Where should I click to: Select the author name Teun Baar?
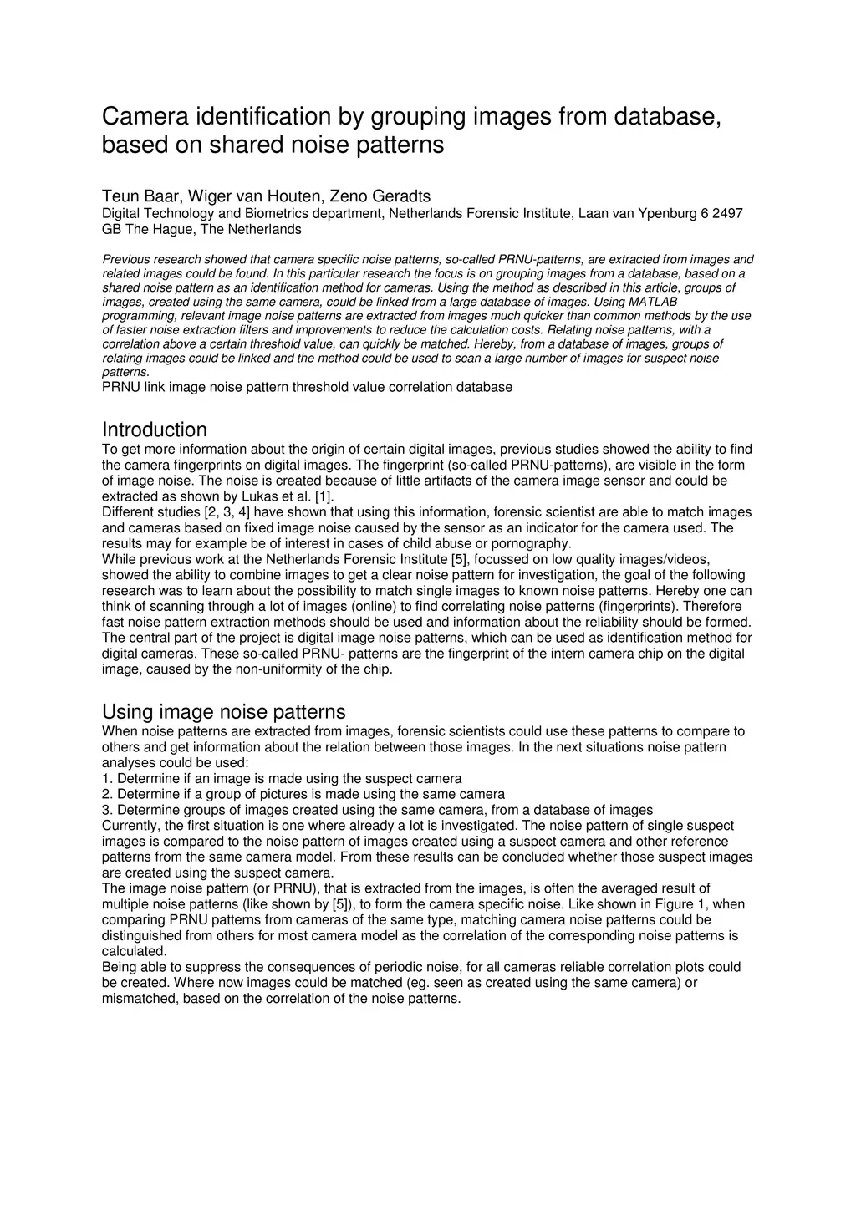tap(140, 196)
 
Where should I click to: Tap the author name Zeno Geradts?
tap(380, 196)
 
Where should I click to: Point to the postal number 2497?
tap(727, 214)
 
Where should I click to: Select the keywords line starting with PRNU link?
tap(307, 387)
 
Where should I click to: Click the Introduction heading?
tap(154, 430)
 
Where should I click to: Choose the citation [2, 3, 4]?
tap(227, 512)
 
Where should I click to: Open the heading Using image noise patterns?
tap(223, 711)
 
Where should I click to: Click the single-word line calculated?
tap(134, 951)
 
